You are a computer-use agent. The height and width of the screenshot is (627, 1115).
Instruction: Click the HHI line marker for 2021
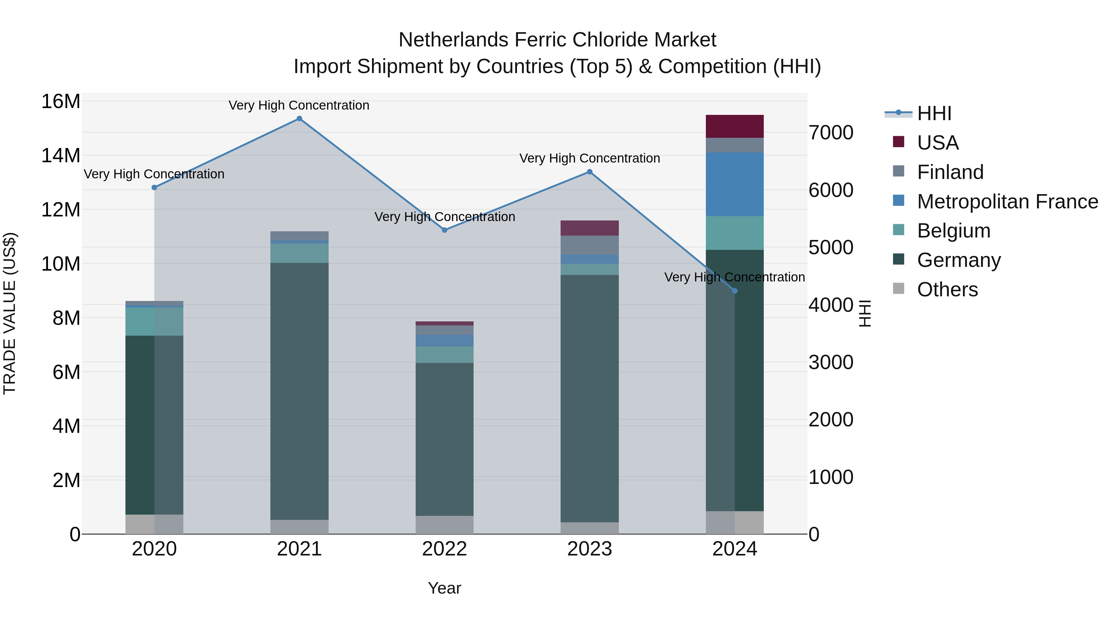(x=299, y=119)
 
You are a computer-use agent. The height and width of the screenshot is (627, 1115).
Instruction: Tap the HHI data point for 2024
(x=735, y=291)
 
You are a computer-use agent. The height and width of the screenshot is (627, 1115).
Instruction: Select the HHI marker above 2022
(x=444, y=230)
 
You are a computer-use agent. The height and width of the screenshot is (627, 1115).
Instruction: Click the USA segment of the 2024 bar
(x=735, y=126)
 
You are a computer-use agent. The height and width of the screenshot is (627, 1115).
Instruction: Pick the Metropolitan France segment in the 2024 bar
(x=735, y=184)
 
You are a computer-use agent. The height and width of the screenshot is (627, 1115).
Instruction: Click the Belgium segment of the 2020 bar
(x=154, y=321)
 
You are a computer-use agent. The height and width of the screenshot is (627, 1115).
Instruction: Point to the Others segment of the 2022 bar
(x=444, y=525)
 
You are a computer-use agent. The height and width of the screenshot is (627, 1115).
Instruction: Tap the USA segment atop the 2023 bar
(x=589, y=228)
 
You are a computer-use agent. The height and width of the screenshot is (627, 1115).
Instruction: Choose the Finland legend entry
(x=950, y=172)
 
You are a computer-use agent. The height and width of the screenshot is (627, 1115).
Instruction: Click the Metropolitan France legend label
(x=1007, y=201)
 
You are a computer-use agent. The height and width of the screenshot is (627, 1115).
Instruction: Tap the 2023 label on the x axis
(x=589, y=549)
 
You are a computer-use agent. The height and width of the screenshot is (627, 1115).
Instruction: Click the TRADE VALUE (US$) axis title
(x=10, y=313)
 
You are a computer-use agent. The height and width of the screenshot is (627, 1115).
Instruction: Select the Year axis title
(x=444, y=588)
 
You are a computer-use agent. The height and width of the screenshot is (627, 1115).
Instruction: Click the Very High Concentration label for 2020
(x=154, y=174)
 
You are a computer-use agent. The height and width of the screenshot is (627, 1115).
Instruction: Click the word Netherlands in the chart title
(x=454, y=40)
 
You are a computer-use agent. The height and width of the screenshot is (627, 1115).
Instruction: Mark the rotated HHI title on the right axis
(x=864, y=313)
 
